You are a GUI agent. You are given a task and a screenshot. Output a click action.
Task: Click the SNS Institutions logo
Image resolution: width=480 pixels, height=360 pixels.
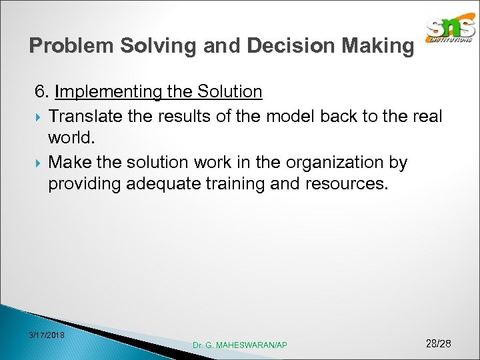pos(451,31)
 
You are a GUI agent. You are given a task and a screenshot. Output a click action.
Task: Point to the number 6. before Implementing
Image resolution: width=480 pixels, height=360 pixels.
pos(43,91)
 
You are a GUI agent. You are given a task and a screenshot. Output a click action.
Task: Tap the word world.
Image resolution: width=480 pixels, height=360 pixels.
pos(71,139)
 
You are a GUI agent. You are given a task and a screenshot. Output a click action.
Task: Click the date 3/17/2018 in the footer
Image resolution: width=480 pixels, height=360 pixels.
pos(47,335)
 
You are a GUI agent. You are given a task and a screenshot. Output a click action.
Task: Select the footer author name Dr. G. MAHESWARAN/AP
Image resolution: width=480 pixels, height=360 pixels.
pos(240,345)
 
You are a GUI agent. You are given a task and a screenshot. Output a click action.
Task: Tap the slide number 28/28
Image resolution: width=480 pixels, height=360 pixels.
pos(438,343)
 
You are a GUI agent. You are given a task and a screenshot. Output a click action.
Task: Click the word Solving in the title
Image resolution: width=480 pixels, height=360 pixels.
pos(144,46)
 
